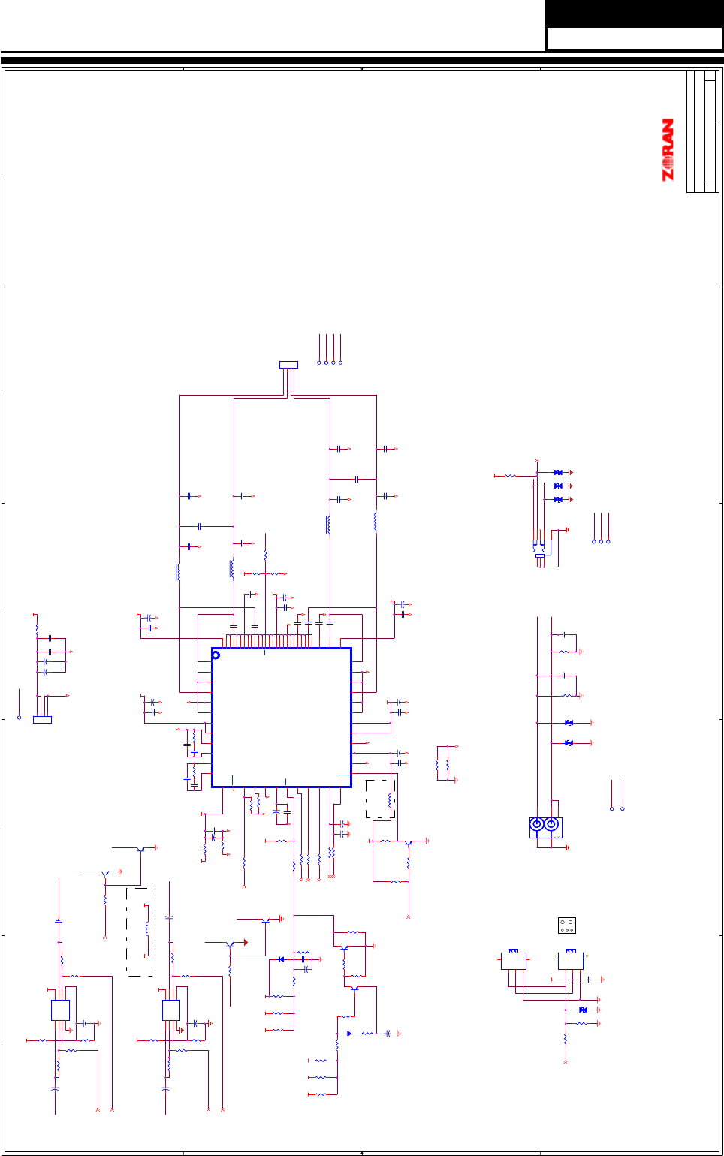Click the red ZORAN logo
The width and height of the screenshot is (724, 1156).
(667, 150)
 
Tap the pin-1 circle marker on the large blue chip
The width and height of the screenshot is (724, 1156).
(216, 655)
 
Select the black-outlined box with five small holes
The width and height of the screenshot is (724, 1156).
(567, 926)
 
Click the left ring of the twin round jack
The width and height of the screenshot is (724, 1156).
(537, 824)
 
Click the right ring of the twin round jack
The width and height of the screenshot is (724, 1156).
(551, 824)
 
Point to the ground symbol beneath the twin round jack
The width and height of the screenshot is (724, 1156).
(566, 847)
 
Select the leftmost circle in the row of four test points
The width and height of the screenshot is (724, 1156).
(319, 363)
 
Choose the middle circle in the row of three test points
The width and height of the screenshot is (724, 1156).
(601, 541)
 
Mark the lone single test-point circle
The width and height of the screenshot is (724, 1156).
(19, 718)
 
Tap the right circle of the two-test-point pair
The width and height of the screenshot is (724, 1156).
(623, 808)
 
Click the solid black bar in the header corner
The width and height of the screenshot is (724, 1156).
(634, 13)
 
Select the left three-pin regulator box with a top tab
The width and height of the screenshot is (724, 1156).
(514, 960)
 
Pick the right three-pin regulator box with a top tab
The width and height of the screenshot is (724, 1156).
(571, 960)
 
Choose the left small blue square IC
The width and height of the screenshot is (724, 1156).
(60, 1010)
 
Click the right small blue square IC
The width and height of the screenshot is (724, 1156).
(171, 1010)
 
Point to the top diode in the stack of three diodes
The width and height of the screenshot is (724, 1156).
(558, 473)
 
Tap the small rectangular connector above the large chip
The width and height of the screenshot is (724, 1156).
(288, 365)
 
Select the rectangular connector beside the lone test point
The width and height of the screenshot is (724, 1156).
(42, 720)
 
